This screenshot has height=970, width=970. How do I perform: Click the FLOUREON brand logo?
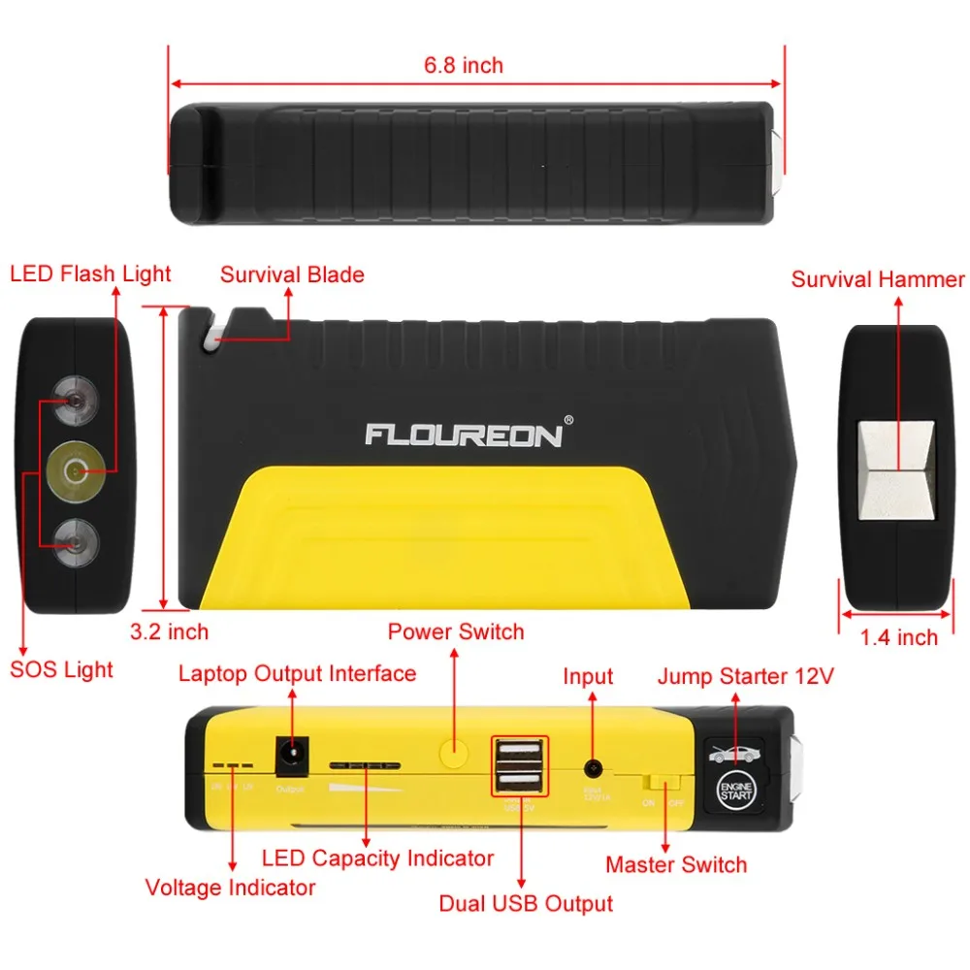click(x=464, y=434)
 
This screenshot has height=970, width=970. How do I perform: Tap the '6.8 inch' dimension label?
click(x=464, y=66)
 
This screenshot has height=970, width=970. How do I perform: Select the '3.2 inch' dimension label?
click(x=170, y=632)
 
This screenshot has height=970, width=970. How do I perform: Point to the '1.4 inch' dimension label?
click(x=899, y=637)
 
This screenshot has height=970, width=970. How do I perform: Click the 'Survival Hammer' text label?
click(x=878, y=280)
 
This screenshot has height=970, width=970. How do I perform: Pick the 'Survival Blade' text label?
click(x=292, y=275)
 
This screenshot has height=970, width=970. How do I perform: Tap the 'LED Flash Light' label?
click(x=90, y=274)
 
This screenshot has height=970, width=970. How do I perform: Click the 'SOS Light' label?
click(x=61, y=669)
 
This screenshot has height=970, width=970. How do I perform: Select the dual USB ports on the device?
click(x=521, y=765)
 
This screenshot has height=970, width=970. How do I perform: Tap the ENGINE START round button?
click(x=734, y=789)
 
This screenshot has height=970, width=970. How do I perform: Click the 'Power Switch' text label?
click(x=456, y=632)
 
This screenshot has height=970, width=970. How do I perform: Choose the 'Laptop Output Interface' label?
click(x=297, y=673)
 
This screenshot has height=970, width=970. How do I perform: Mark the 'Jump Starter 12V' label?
click(x=745, y=676)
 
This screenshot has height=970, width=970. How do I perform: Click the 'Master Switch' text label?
click(x=676, y=864)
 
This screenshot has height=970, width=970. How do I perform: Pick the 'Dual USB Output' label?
click(x=526, y=903)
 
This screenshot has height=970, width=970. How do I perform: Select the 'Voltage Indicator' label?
click(x=230, y=887)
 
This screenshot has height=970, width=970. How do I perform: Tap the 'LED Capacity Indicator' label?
click(x=377, y=857)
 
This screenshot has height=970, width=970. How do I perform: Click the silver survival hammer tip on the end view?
click(x=897, y=470)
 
